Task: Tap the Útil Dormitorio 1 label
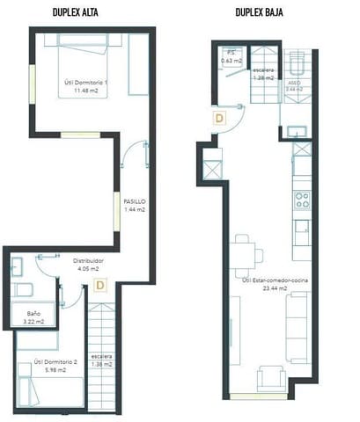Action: click(86, 83)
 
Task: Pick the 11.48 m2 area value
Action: click(86, 91)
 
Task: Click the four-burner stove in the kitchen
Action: click(301, 199)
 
